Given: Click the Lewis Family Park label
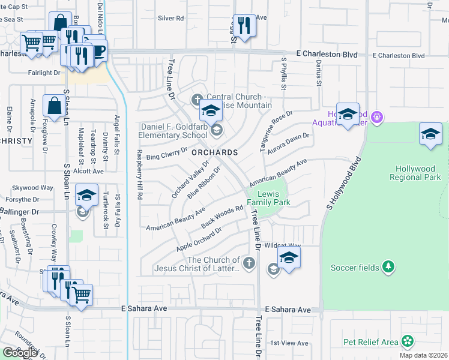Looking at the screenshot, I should click(274, 198).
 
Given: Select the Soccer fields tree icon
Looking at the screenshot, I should click(389, 266).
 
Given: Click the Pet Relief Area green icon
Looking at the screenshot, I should click(408, 342).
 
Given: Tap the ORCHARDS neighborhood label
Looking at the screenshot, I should click(214, 152).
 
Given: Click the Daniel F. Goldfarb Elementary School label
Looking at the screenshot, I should click(174, 131).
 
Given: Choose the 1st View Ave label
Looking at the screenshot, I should click(289, 343).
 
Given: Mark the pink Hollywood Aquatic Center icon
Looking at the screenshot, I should click(377, 116).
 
